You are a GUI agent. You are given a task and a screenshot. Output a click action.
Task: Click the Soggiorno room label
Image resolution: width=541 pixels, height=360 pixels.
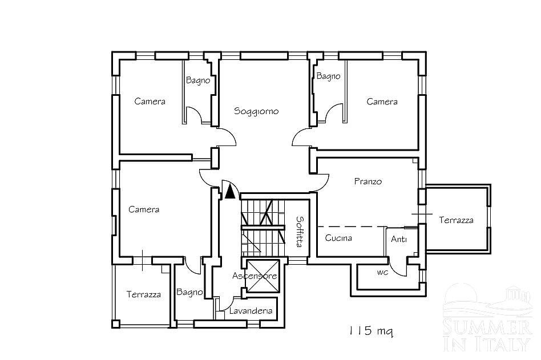tap(256, 111)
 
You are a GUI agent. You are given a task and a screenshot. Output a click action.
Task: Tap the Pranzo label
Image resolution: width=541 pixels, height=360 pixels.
tap(368, 181)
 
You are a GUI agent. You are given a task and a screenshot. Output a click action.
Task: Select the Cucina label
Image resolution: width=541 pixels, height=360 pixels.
tap(338, 238)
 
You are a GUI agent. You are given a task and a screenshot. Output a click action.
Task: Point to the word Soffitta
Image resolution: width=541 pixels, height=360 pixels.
tap(300, 232)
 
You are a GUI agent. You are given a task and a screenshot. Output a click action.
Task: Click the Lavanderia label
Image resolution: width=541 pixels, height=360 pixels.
tap(251, 311)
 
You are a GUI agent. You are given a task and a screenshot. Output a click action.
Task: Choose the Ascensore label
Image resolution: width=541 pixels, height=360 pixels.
tap(255, 276)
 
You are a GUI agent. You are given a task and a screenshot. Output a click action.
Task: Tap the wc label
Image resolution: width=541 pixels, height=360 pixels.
tap(382, 272)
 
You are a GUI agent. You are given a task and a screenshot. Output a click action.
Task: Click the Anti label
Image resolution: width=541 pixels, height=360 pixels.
tap(399, 239)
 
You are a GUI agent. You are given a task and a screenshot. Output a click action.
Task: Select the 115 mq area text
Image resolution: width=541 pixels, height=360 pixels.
tap(370, 331)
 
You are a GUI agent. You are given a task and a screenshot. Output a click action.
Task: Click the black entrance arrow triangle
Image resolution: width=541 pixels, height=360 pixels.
tap(230, 192)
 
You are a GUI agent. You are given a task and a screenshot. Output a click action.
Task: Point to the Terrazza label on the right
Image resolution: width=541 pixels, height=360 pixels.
tap(456, 220)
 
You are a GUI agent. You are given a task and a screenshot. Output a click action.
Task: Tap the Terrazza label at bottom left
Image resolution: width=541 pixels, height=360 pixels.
tap(144, 294)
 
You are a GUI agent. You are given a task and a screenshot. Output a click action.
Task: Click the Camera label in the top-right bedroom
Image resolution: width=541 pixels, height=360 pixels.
tap(382, 102)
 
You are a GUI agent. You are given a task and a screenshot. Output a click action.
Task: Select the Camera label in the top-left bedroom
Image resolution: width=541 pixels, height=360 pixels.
tap(150, 102)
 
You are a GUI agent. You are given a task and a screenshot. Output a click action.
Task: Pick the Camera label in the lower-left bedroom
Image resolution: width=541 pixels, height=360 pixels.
tap(144, 209)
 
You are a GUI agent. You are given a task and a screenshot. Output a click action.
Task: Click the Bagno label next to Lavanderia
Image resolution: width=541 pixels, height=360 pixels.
tap(189, 293)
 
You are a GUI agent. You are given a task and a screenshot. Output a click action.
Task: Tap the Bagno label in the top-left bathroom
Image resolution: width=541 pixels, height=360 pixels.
tap(198, 80)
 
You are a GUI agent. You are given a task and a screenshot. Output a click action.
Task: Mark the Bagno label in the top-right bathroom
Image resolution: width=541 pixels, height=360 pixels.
tap(329, 76)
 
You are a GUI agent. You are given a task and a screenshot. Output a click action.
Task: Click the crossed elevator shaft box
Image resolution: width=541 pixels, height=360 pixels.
tap(262, 276)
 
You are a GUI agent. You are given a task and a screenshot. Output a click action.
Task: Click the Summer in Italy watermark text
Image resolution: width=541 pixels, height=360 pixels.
tap(487, 335)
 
